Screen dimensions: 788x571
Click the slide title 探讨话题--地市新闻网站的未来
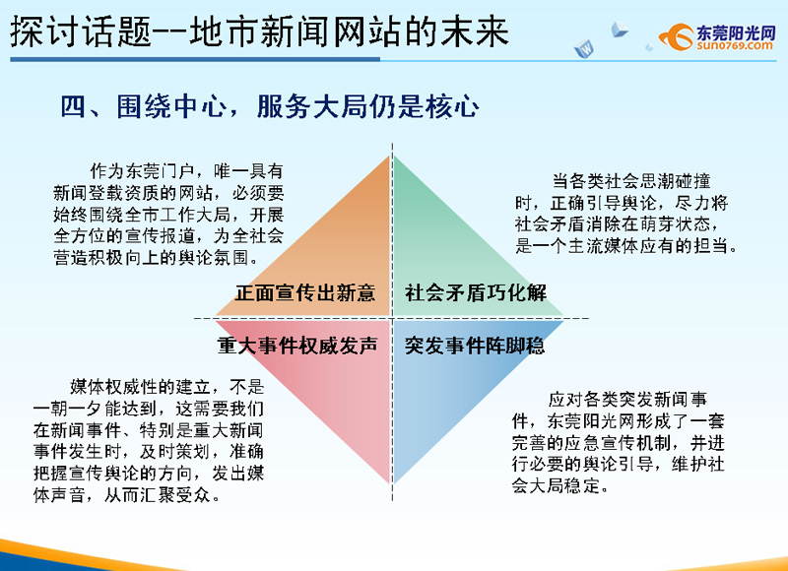(x=259, y=32)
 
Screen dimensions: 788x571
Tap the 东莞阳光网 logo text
(x=736, y=32)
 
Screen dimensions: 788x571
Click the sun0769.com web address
(x=735, y=45)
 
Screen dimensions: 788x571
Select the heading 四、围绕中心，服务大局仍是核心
(x=270, y=106)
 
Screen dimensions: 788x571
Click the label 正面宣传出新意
(x=305, y=292)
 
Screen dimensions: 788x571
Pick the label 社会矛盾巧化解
(x=476, y=292)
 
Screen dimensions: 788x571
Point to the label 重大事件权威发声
(x=297, y=346)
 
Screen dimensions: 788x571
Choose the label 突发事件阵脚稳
(x=475, y=346)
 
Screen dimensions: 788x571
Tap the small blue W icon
(x=584, y=48)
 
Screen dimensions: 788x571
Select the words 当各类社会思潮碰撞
(x=631, y=181)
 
